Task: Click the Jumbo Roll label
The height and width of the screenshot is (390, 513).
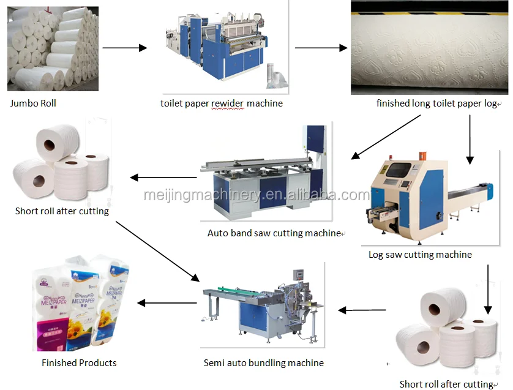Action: click(33, 103)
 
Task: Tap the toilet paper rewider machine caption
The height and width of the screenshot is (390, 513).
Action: click(222, 103)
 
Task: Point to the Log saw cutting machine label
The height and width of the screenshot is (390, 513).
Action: click(420, 254)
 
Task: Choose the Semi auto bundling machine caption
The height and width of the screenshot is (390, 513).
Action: click(264, 362)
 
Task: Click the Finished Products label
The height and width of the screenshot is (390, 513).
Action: click(79, 362)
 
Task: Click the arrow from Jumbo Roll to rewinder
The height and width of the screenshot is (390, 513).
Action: click(125, 48)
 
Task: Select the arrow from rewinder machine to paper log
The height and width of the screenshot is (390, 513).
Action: click(321, 48)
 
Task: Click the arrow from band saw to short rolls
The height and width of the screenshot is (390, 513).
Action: click(163, 178)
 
